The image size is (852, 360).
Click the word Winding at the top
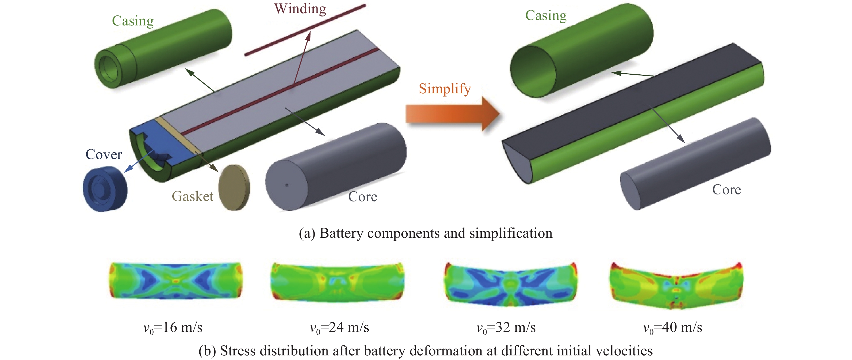(x=300, y=9)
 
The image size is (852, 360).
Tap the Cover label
(x=104, y=154)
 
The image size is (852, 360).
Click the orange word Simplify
(x=444, y=89)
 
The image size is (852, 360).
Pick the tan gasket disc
(x=234, y=188)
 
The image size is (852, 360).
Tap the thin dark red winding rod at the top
(x=305, y=30)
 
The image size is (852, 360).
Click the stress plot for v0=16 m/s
(x=176, y=280)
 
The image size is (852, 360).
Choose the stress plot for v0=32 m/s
(x=510, y=284)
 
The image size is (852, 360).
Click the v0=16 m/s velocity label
(x=173, y=328)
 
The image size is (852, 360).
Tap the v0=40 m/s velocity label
(x=672, y=328)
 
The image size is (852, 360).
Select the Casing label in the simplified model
(x=546, y=15)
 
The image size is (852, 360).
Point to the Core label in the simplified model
(x=726, y=190)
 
